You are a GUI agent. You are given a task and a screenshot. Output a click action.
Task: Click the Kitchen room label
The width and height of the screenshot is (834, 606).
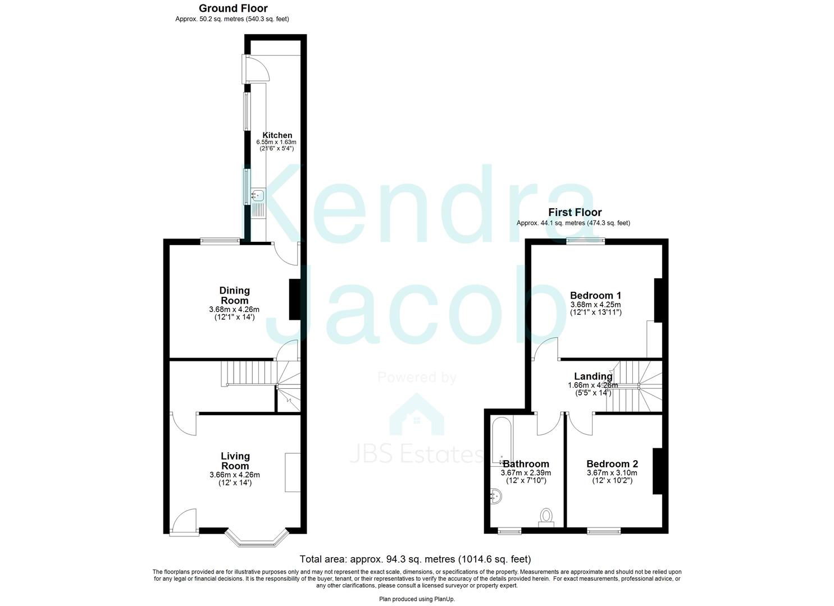277,135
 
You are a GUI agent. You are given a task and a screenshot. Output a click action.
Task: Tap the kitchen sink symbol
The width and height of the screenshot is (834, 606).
258,196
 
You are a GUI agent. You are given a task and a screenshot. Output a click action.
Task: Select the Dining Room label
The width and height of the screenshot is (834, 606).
234,295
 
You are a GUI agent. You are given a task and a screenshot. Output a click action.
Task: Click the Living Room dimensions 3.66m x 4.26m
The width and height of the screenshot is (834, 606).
234,475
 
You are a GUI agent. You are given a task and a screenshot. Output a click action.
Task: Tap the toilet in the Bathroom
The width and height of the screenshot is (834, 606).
546,517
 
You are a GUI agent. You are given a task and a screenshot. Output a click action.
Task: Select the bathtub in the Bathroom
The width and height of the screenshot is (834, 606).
502,440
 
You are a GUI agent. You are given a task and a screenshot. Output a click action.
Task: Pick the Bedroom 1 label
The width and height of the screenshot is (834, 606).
595,295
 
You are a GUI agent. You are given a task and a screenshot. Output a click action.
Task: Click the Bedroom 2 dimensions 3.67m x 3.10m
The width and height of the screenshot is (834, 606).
612,473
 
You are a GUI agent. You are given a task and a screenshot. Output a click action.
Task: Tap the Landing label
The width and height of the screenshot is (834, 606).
593,377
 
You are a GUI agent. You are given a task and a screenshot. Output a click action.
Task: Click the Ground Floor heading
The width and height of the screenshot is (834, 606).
233,8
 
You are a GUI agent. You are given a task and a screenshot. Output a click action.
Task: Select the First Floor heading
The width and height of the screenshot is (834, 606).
575,212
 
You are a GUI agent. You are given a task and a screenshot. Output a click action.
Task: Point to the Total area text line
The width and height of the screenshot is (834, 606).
415,559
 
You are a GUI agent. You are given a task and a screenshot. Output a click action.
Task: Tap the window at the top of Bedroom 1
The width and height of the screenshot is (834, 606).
585,241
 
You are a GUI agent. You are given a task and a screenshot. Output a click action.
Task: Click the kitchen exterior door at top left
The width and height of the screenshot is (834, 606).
254,69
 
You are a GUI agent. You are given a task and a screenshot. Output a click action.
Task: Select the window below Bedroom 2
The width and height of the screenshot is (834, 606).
604,530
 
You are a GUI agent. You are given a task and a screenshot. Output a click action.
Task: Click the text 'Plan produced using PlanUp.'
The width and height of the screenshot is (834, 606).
417,599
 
